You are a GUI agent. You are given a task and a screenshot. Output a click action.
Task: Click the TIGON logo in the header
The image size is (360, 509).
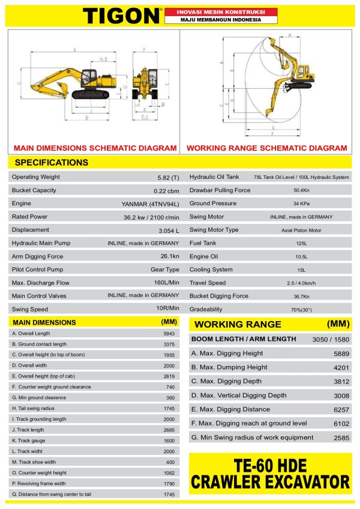pos(122,15)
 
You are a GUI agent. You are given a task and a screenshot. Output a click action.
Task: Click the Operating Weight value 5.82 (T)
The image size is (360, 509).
pos(167,178)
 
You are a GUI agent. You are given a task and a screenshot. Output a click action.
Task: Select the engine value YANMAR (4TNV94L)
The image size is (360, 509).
pos(150,204)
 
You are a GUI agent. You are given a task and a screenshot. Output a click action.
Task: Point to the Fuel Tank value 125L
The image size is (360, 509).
pos(301,243)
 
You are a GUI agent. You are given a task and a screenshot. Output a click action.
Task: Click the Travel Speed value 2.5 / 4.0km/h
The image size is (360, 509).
pos(301,283)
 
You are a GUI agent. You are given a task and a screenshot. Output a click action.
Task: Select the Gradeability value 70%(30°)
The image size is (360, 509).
pos(301,310)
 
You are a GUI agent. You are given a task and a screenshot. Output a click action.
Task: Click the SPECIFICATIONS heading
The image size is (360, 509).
pos(51,163)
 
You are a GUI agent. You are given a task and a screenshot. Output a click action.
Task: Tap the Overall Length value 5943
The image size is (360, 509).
pos(169,333)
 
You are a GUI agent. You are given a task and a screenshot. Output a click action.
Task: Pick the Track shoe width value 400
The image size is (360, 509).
pos(170,462)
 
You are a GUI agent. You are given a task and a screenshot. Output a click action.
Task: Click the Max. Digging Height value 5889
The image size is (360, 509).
pos(341,354)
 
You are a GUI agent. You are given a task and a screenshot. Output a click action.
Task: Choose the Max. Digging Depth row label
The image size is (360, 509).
pos(226,381)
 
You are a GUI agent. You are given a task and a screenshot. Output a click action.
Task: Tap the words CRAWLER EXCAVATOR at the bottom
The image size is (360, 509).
pos(270,481)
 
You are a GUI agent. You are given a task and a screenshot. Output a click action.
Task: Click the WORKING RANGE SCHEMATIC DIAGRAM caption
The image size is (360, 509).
pos(266,148)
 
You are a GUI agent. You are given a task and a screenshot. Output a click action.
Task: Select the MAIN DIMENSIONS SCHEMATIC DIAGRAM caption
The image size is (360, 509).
pos(95,148)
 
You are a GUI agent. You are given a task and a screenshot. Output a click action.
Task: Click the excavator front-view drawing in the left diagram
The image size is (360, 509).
pos(144,84)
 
